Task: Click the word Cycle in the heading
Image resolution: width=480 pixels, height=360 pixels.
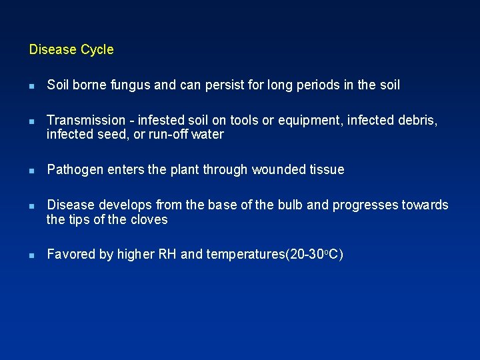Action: (97, 50)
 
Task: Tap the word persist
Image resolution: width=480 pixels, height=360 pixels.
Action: (204, 85)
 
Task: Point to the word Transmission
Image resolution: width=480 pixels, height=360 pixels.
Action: (86, 121)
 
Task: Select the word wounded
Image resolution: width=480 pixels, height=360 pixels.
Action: (277, 170)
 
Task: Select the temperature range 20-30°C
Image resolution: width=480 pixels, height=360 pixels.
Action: (314, 255)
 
